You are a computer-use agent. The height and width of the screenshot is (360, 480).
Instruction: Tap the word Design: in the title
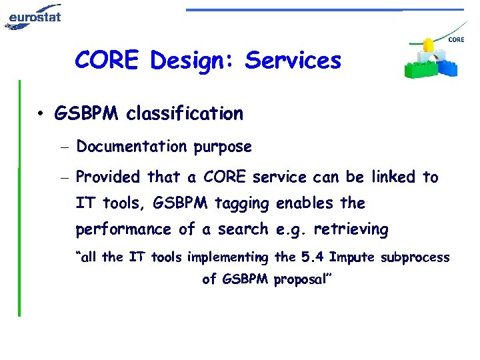click(193, 61)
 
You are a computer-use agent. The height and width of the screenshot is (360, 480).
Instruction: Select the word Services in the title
click(293, 61)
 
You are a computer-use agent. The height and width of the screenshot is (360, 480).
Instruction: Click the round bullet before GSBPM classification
click(41, 114)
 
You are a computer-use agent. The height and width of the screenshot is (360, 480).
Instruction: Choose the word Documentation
click(131, 147)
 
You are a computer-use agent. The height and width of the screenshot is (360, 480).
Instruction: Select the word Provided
click(109, 177)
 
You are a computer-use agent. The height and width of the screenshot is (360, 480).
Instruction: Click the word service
click(279, 177)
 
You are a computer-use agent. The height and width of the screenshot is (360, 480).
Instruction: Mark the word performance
click(125, 230)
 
